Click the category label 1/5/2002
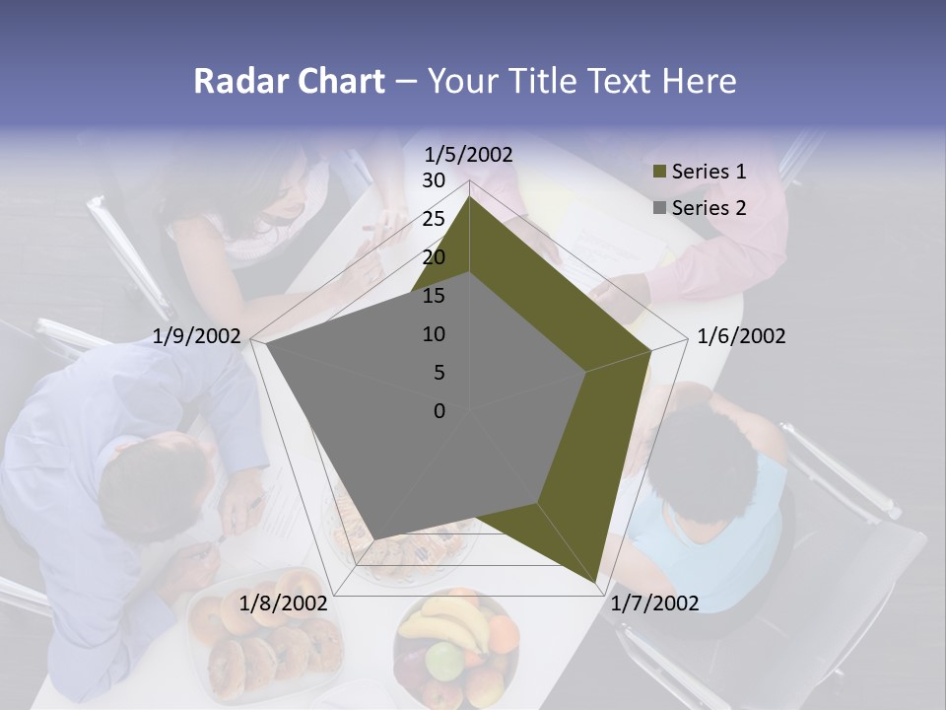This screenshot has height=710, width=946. point(469,154)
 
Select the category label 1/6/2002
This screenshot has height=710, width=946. point(741,336)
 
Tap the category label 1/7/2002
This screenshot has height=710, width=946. point(654,603)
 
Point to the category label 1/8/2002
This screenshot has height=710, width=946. point(283,603)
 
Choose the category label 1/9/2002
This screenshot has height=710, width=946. point(197,336)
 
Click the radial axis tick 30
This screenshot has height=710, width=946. point(434,180)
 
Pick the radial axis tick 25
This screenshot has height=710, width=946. point(434,219)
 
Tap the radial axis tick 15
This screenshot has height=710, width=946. point(434,296)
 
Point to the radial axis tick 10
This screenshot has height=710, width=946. point(434,334)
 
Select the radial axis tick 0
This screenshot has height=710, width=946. point(439,411)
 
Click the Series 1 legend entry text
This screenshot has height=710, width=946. point(709,172)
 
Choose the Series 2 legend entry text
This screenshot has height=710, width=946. point(709,208)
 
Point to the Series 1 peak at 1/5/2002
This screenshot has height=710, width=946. point(470,197)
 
